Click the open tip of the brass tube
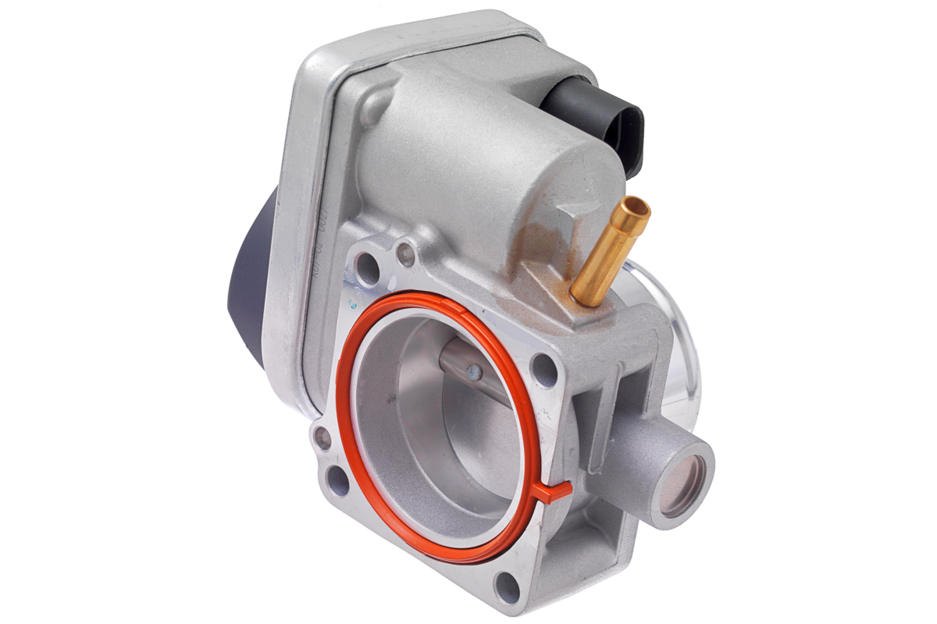[632, 208]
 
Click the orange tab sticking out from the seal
[556, 492]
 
